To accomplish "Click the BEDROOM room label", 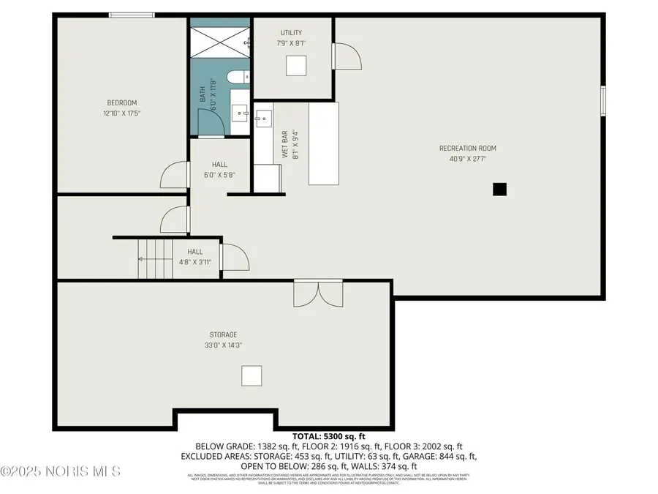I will point(122,102).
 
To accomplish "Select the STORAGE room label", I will point(224,334).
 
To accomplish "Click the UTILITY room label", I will point(291,33).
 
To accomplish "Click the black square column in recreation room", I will point(499,190).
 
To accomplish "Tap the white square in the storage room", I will point(252,375).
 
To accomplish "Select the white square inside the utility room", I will point(296,65).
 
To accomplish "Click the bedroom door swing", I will point(173,176).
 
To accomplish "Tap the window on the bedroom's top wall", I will point(132,15).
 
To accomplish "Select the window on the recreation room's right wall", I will point(603,100).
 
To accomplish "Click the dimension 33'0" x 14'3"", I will point(224,345).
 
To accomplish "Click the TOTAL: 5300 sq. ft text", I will point(328,435).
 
